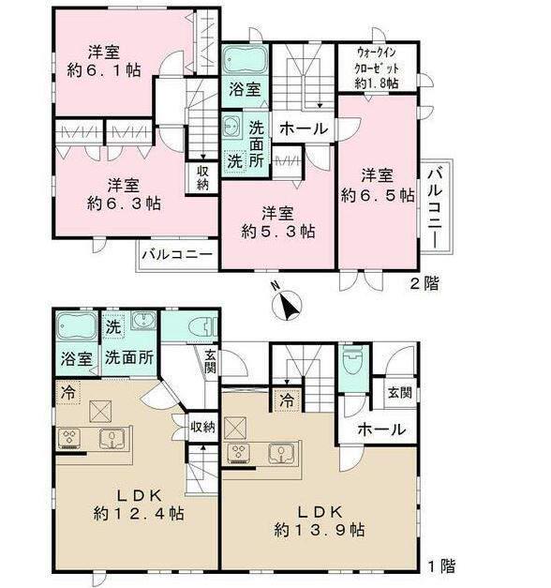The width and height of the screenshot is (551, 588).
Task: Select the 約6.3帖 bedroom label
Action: point(118,192)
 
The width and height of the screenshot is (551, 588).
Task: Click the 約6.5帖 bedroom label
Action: point(377,186)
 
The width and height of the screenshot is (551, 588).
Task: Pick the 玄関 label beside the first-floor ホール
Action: point(399,393)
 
